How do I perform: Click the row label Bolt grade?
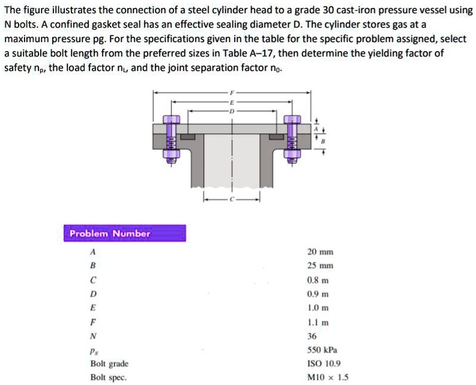click(110, 363)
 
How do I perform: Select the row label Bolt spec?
click(108, 377)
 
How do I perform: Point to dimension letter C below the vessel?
click(232, 199)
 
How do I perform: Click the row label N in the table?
click(92, 336)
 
